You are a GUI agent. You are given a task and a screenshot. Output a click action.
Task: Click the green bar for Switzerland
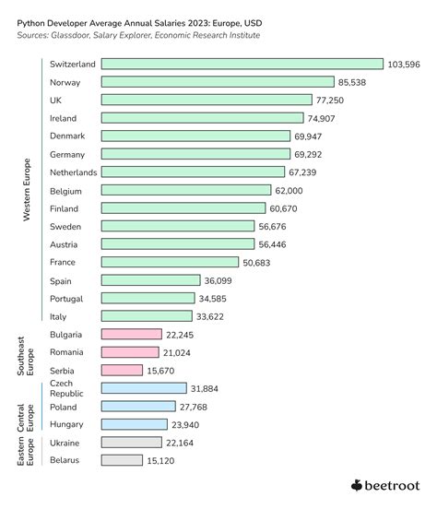click(x=242, y=64)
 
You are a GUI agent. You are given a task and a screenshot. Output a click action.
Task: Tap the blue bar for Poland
click(x=138, y=407)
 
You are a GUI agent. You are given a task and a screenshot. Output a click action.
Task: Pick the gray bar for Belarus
click(x=122, y=459)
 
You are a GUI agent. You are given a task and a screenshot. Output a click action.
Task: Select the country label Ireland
click(x=63, y=118)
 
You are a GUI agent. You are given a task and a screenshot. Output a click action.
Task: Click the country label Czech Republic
click(x=63, y=388)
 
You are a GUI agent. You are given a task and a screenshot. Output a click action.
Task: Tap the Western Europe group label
click(x=27, y=189)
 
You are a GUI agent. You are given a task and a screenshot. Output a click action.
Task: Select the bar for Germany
click(x=195, y=154)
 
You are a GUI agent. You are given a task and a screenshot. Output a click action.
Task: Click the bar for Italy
click(x=147, y=316)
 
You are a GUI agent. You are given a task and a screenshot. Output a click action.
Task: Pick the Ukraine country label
click(x=65, y=442)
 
